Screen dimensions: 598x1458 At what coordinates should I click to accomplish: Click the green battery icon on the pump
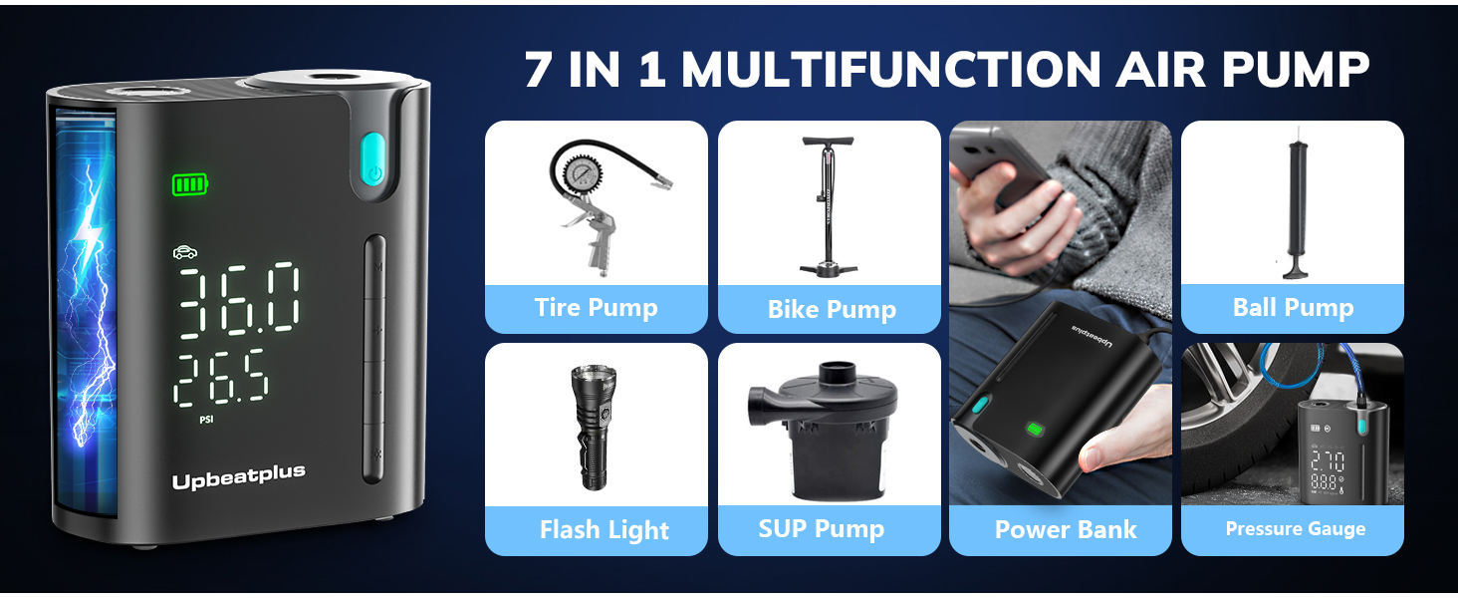190,184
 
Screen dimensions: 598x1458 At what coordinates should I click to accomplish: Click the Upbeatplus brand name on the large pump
238,479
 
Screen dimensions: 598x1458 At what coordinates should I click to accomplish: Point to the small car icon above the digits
185,252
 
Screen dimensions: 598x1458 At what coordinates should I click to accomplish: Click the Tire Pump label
596,308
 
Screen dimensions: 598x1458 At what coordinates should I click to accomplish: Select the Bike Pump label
831,310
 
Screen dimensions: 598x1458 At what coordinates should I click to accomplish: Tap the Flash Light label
604,530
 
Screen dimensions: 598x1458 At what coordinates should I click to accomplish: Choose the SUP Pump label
821,528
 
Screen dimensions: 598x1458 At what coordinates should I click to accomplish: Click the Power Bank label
1065,530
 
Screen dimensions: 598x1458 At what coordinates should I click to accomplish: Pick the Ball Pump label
1293,308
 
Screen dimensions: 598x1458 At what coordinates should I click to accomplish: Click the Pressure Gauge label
1295,529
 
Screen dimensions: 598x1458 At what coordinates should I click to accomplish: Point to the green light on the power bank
1035,430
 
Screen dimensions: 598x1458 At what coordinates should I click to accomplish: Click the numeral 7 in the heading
538,70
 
